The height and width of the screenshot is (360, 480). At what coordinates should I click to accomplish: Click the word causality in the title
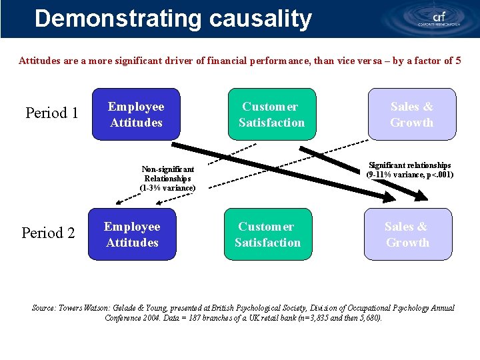(260, 19)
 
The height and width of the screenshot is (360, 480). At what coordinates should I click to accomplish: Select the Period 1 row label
(52, 113)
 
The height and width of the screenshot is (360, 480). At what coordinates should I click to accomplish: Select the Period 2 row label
(48, 233)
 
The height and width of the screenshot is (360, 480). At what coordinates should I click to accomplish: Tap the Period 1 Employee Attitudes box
(136, 115)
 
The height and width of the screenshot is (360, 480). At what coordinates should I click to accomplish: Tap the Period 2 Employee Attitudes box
(133, 235)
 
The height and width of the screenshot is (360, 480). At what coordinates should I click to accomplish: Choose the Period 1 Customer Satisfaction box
(271, 115)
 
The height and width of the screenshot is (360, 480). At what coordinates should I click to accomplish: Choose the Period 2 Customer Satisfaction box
(267, 235)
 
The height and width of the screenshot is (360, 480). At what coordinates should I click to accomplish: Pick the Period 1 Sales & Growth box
(411, 115)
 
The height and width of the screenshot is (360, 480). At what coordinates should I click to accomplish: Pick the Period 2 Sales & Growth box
(407, 235)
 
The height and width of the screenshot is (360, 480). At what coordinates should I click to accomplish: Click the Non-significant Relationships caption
(168, 179)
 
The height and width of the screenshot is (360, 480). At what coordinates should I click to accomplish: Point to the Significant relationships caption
(409, 170)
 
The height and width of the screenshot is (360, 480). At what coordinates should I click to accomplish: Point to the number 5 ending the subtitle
(457, 61)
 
